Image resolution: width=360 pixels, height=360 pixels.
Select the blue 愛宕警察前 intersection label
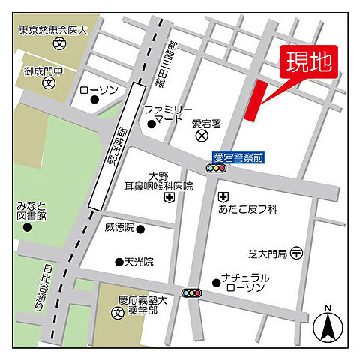(x=238, y=157)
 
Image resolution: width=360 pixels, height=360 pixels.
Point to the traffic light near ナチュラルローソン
(x=192, y=292)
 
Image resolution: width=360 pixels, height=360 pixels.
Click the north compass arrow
(x=328, y=324)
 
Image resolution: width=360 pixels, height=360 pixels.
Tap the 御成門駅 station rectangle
(x=115, y=146)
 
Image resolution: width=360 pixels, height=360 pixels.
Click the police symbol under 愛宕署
(x=201, y=136)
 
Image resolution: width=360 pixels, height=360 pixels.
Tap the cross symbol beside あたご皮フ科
(x=223, y=196)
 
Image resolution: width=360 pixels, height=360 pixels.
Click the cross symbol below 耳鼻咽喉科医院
(x=170, y=197)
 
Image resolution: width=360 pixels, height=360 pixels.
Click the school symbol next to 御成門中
(x=46, y=82)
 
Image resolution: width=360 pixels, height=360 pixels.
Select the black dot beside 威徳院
(x=139, y=228)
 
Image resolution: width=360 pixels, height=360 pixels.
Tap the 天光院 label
(x=139, y=262)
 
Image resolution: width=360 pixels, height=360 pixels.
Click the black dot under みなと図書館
(x=28, y=227)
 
